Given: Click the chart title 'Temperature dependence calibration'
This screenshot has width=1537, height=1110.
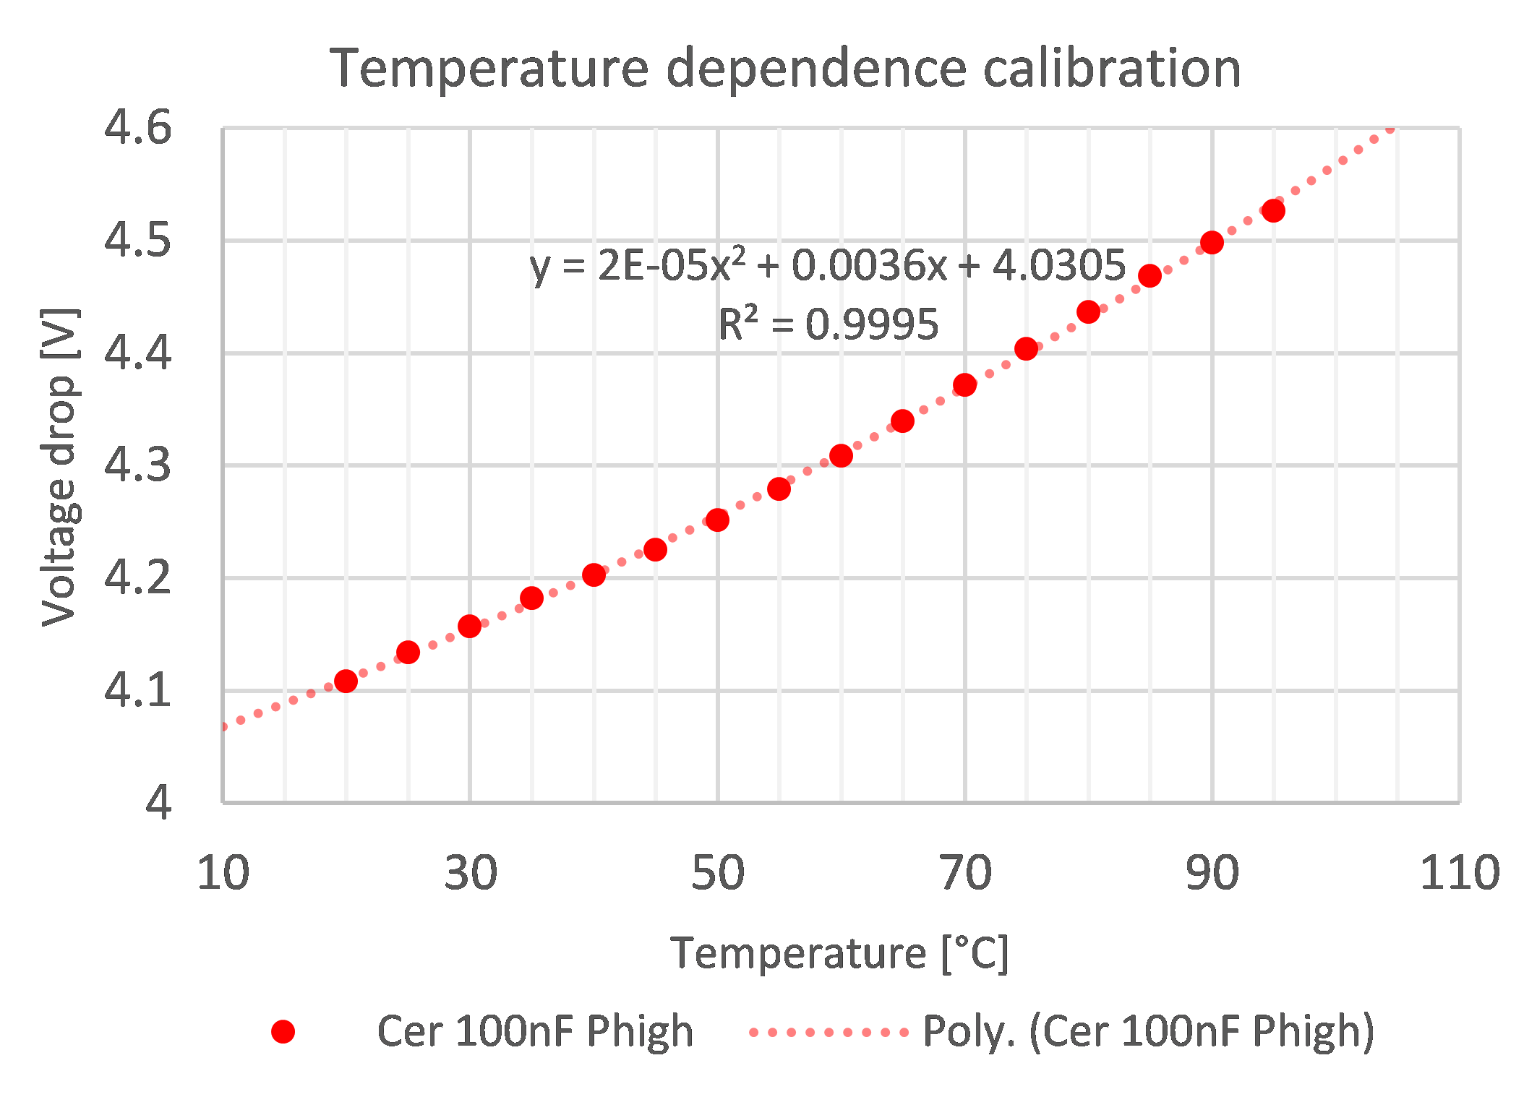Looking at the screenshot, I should point(785,68).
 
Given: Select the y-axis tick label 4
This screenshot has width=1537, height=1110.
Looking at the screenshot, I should point(158,801).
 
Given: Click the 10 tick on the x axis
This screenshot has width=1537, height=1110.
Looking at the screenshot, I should point(223,872).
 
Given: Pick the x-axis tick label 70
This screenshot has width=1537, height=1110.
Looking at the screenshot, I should point(965,872).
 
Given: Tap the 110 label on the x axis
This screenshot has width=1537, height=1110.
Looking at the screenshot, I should point(1460,872).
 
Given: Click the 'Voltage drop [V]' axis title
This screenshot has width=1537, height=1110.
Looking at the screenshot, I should point(59,467).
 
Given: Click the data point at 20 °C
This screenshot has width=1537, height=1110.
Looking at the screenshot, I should point(346,681).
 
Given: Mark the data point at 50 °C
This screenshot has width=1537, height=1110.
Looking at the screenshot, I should point(717,520).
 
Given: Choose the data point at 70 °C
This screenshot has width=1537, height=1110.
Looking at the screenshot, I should point(964,384).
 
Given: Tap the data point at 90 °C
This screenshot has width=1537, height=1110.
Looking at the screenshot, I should point(1212,242).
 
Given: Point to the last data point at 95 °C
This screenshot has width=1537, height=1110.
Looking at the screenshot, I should point(1273,210).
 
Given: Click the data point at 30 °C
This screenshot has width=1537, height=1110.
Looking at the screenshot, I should point(470,626).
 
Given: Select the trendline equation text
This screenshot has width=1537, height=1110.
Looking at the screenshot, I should point(827,265).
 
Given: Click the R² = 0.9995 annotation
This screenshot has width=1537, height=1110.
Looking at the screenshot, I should point(828,324).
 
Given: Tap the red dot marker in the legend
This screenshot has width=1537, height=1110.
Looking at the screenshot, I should point(283,1031).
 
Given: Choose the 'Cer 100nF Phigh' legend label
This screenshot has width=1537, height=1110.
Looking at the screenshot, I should point(535,1031).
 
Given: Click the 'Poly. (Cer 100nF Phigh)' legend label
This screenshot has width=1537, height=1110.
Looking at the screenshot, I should point(1148,1031).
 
